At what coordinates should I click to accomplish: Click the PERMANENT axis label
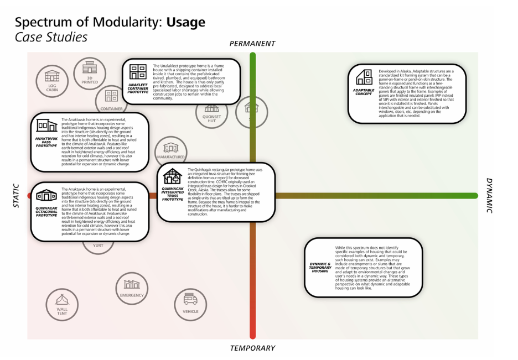pyautogui.click(x=252, y=43)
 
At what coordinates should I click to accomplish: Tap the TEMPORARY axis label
pyautogui.click(x=252, y=348)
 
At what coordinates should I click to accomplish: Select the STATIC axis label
pyautogui.click(x=16, y=196)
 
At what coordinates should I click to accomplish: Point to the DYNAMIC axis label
pyautogui.click(x=489, y=195)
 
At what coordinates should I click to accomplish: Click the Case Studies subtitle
pyautogui.click(x=51, y=38)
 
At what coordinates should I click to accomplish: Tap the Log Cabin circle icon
pyautogui.click(x=52, y=80)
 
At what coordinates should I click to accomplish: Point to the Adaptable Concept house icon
pyautogui.click(x=364, y=77)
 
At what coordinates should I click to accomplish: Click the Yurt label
pyautogui.click(x=98, y=246)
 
